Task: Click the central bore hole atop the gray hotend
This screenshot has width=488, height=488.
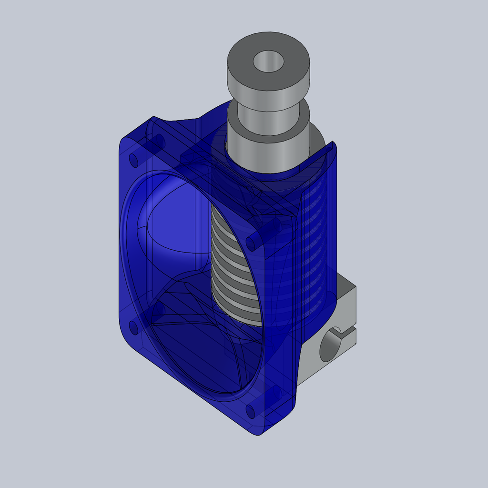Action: tap(268, 61)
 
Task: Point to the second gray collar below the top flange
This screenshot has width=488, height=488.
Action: tap(267, 126)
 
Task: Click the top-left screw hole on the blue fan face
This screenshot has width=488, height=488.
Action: tap(134, 160)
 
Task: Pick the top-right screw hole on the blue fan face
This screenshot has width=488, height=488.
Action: tap(253, 242)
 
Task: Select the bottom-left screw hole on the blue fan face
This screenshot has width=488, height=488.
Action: tap(134, 328)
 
